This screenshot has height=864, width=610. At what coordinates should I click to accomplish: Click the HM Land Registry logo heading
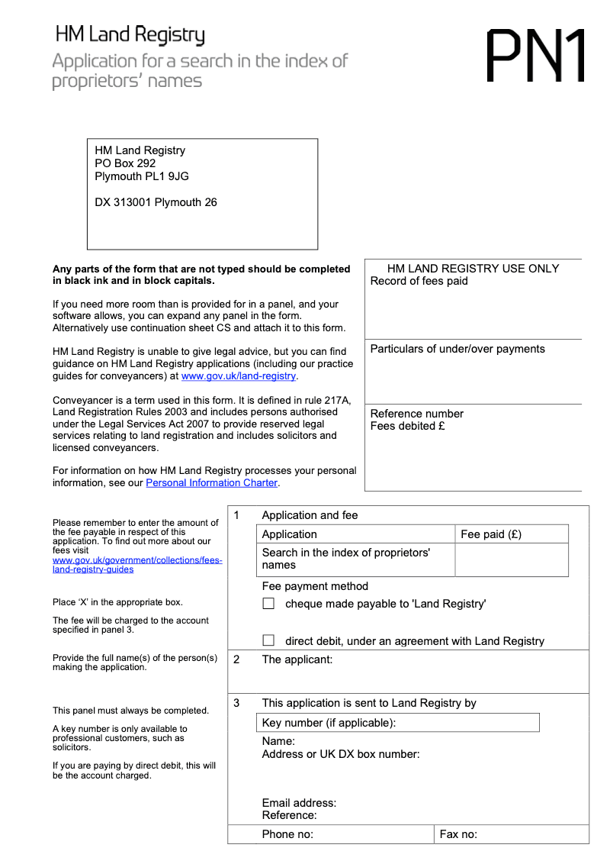[x=130, y=35]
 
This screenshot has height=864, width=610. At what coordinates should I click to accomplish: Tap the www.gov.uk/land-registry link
[x=239, y=376]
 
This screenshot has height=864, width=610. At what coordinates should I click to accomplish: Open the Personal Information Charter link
[x=211, y=483]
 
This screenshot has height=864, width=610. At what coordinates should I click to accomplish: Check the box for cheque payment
[x=268, y=604]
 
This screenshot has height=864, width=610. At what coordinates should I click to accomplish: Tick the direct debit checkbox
[x=268, y=640]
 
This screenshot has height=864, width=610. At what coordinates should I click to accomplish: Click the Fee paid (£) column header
[x=491, y=534]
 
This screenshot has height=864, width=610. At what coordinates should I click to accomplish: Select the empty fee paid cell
[x=511, y=559]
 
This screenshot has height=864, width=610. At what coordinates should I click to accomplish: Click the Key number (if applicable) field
[x=396, y=723]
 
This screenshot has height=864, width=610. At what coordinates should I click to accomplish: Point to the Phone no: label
[x=287, y=834]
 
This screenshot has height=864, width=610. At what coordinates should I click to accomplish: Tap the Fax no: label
[x=458, y=834]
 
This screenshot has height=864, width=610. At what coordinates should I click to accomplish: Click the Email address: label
[x=299, y=803]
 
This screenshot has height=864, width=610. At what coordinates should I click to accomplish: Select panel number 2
[x=236, y=659]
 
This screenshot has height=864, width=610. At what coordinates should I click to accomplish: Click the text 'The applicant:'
[x=297, y=659]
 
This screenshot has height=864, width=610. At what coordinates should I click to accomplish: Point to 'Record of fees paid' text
[x=419, y=281]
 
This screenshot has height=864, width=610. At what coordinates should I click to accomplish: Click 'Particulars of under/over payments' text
[x=457, y=349]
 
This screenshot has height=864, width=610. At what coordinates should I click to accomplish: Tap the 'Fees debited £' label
[x=407, y=426]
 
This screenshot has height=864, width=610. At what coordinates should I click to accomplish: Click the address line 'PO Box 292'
[x=125, y=163]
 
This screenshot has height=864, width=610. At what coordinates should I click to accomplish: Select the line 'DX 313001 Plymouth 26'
[x=156, y=202]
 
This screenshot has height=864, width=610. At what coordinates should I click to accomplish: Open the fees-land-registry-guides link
[x=137, y=565]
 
